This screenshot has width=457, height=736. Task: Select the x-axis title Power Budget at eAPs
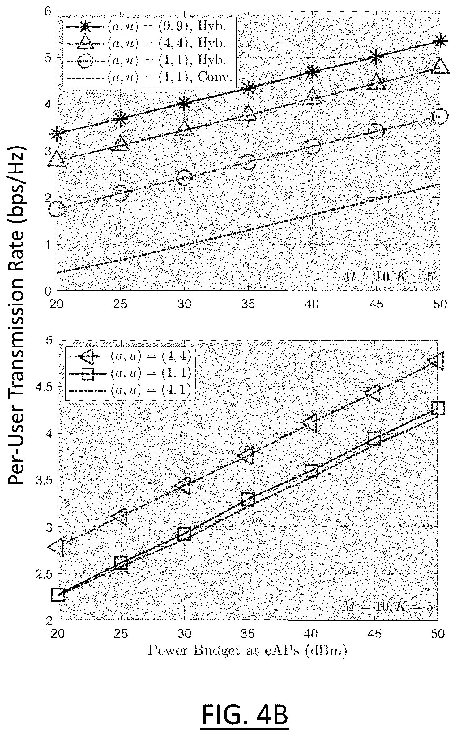coord(247,650)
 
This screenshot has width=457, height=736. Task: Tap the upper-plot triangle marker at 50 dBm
coord(440,66)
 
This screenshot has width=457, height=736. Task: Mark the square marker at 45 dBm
coord(374,439)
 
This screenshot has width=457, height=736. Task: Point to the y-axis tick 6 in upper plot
coord(48,12)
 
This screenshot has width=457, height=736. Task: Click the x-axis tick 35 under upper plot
coord(248,304)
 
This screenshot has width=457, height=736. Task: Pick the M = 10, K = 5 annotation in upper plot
coord(387,277)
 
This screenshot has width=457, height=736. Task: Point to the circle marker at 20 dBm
coord(57,209)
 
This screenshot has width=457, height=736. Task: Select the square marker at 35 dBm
coord(248,499)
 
